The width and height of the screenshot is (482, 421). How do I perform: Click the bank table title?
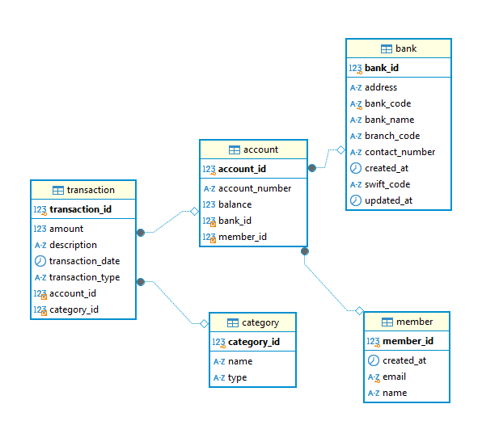tap(406, 48)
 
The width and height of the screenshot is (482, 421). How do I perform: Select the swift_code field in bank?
tap(387, 184)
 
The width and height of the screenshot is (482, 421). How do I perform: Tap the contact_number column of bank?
tap(400, 152)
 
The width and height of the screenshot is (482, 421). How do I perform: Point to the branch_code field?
tap(392, 136)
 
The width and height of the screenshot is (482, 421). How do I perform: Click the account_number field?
tap(255, 188)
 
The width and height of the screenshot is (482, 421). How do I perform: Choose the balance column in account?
tap(235, 204)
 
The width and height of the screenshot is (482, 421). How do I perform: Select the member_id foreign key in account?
tap(243, 237)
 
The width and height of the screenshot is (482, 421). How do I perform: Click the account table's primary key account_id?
tap(242, 169)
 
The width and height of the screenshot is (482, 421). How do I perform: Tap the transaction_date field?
tap(85, 261)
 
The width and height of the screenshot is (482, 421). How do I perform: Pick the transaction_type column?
tap(85, 277)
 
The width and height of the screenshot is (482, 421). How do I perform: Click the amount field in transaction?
tap(66, 229)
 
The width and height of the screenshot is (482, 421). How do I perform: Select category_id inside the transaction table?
tap(74, 309)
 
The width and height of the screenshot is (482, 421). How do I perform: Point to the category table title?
tap(260, 322)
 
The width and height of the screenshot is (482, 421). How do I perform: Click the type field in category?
tap(237, 377)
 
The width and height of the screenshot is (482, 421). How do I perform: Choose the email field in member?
tap(394, 377)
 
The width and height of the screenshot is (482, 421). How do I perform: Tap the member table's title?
tap(414, 322)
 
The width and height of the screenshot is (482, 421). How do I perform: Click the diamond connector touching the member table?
tap(359, 311)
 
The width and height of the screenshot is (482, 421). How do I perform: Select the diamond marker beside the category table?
tap(204, 324)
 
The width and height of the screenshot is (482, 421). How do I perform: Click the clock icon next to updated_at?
tap(356, 200)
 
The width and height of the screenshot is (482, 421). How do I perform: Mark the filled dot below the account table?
tap(305, 251)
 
